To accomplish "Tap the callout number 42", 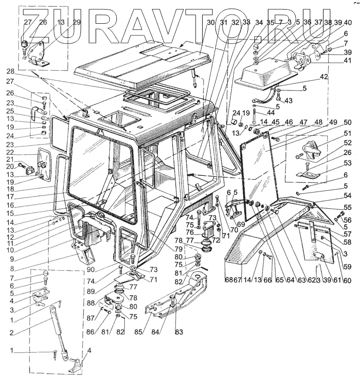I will [x=324, y=77].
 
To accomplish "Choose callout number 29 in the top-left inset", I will [x=76, y=22].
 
